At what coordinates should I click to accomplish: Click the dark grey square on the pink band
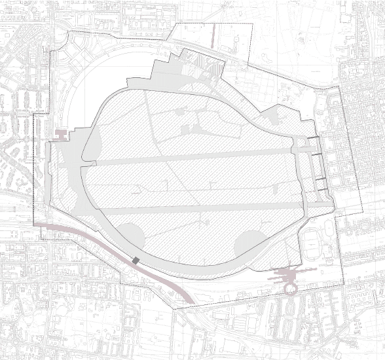click(x=136, y=261)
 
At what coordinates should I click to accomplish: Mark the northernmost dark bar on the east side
click(x=314, y=137)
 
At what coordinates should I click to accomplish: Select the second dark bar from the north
click(x=316, y=154)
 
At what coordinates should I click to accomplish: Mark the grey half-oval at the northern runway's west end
click(x=91, y=141)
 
